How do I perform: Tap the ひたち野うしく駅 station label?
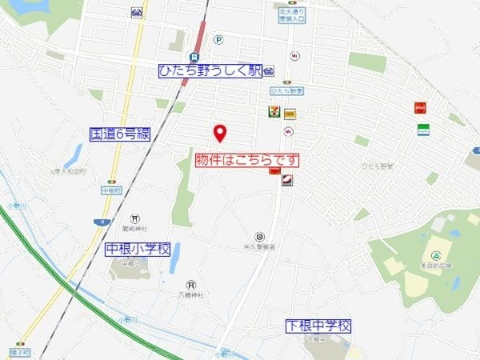(x=210, y=70)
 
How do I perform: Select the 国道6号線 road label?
(x=120, y=134)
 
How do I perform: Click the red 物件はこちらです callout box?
(x=249, y=160)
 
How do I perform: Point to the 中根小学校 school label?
(x=138, y=250)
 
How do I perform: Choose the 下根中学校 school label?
(x=318, y=326)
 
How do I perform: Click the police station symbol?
(x=259, y=236)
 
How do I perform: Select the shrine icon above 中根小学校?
(x=135, y=218)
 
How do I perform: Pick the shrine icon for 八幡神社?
(x=191, y=284)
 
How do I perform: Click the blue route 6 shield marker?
(x=98, y=221)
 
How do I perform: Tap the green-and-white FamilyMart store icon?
(x=422, y=129)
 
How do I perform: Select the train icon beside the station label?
(x=269, y=70)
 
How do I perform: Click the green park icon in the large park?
(x=436, y=254)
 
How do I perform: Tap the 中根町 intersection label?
(x=110, y=190)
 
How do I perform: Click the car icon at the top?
(x=137, y=14)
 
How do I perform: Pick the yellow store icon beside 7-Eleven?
(x=289, y=113)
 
